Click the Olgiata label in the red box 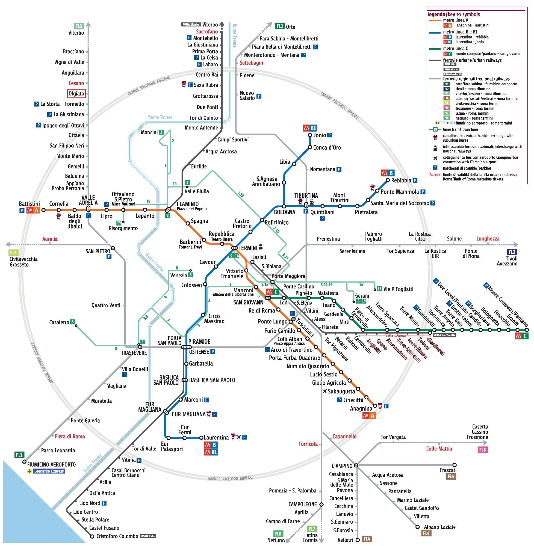[x=76, y=94]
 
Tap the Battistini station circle [x=43, y=210]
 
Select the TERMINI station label [x=248, y=248]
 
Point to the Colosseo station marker [x=205, y=284]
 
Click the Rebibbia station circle [x=388, y=180]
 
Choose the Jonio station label [x=320, y=135]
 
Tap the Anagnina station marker [x=374, y=406]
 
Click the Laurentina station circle [x=201, y=438]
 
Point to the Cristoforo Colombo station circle [x=92, y=536]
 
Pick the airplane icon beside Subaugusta [x=325, y=391]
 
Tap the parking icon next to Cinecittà [x=339, y=400]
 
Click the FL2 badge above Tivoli [x=512, y=252]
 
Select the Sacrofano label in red [x=207, y=31]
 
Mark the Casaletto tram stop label [x=59, y=322]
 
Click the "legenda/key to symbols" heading [x=453, y=14]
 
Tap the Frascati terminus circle [x=454, y=465]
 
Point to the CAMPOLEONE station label [x=303, y=504]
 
